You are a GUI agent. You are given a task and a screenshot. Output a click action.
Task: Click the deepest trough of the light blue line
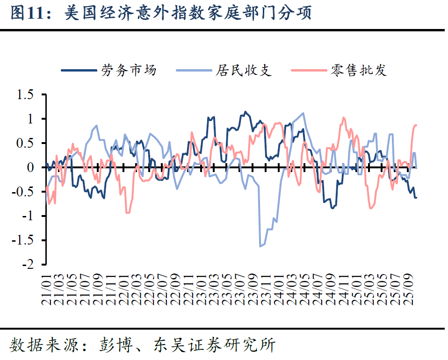coord(260,246)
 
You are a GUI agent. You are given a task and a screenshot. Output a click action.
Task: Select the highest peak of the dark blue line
coord(246,112)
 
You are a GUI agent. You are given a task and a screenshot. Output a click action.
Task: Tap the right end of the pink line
coord(416,125)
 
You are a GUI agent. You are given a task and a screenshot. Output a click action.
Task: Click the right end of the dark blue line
coord(416,198)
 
